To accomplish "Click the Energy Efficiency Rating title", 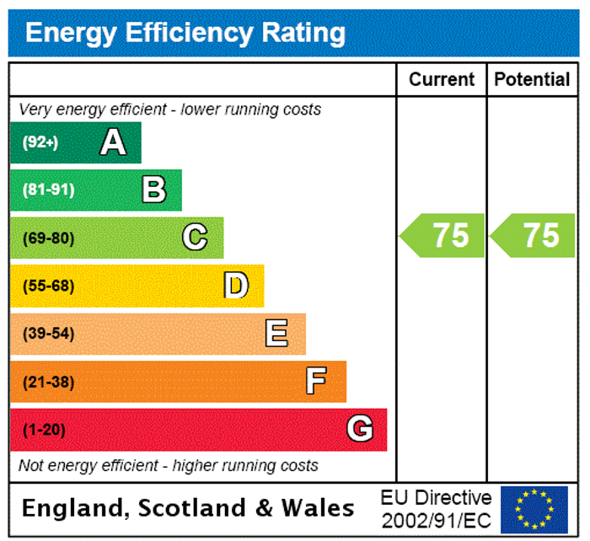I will click(x=185, y=33).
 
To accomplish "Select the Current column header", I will click(x=442, y=80).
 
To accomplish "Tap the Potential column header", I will click(x=532, y=80).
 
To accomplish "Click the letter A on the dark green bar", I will click(x=113, y=142).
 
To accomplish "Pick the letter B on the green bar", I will click(x=153, y=190).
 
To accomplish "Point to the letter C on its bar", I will click(x=195, y=238).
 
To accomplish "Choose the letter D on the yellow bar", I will click(x=236, y=286).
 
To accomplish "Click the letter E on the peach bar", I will click(x=276, y=334).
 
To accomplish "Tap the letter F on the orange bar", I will click(x=316, y=382).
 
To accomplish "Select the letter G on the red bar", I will click(x=360, y=430).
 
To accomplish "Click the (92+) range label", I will click(x=40, y=142).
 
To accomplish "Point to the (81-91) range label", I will click(x=48, y=190).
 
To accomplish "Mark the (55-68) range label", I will click(x=48, y=286).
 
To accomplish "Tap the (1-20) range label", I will click(x=44, y=430).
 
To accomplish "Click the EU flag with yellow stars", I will click(x=534, y=509).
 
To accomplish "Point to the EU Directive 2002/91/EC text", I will click(x=436, y=508).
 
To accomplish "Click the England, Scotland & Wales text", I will click(x=188, y=508).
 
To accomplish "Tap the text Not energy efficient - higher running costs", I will click(x=169, y=465).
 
